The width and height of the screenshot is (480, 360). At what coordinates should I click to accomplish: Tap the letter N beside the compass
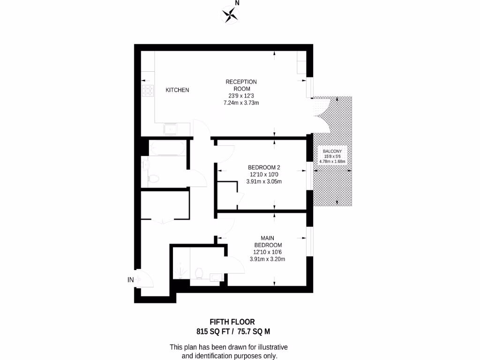[x=237, y=3]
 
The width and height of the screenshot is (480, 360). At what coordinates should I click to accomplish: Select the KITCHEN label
[x=178, y=90]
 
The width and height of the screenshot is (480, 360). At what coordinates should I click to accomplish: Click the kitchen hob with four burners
[x=148, y=90]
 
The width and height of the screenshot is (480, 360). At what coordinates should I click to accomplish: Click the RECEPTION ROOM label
[x=241, y=85]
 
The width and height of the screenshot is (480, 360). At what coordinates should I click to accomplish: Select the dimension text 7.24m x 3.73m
[x=241, y=103]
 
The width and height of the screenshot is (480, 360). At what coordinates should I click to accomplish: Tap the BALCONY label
[x=332, y=151]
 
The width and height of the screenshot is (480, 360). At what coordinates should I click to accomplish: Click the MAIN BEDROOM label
[x=268, y=241]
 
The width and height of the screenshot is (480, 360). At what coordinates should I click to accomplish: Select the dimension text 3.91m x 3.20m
[x=268, y=259]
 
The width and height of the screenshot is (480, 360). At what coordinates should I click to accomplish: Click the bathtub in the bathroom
[x=166, y=149]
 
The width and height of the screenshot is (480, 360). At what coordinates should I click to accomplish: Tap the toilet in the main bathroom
[x=153, y=178]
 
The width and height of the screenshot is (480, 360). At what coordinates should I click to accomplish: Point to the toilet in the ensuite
[x=198, y=272]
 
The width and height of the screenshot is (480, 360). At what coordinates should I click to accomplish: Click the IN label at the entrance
[x=131, y=280]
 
